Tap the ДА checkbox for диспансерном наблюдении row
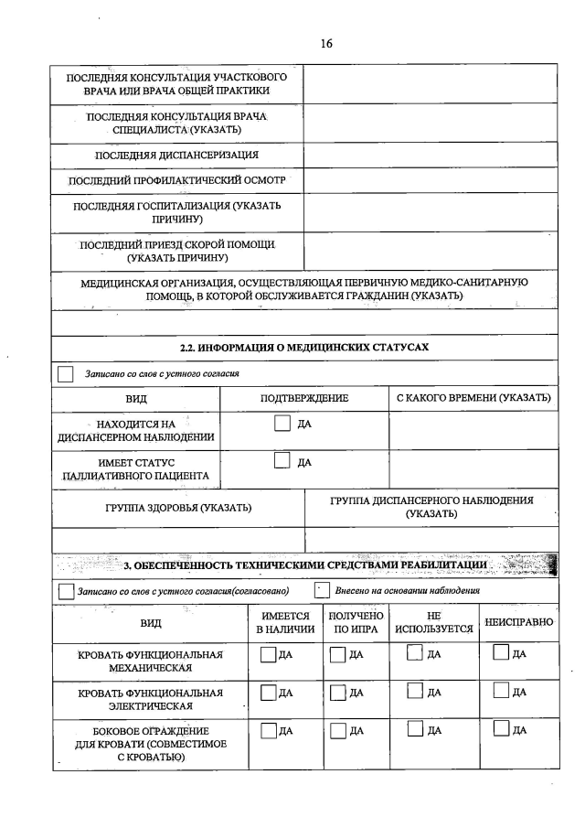point(283,423)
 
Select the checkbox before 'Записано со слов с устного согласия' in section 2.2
point(66,373)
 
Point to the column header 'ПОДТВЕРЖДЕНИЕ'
point(304,399)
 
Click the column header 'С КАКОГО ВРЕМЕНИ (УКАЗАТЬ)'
point(473,399)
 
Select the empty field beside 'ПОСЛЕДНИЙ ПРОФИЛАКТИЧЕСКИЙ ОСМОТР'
point(430,180)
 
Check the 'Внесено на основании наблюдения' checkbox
point(321,590)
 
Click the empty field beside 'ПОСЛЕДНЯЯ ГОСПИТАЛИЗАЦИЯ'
point(430,212)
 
